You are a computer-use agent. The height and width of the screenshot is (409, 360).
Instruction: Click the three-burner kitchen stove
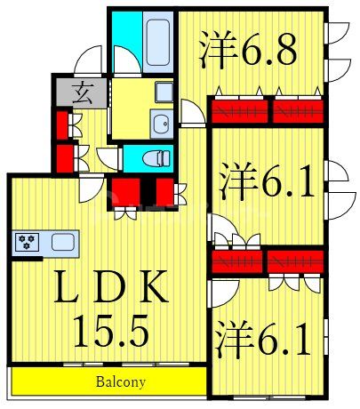click(27, 241)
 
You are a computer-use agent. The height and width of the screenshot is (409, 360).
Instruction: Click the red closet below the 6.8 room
click(267, 111)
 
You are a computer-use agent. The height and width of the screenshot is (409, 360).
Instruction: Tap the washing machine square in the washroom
click(164, 92)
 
